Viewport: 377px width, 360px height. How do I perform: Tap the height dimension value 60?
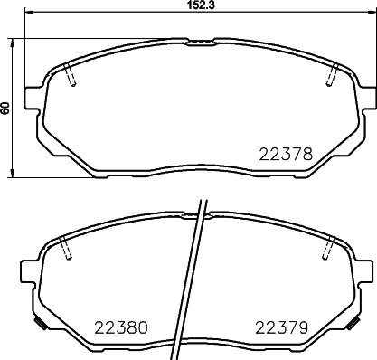tap(6, 107)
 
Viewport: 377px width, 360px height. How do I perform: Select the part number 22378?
tap(288, 155)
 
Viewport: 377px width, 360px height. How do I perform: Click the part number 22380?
tap(121, 327)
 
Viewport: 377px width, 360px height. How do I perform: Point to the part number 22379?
tap(280, 327)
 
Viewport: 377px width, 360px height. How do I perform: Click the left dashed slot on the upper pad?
tap(72, 79)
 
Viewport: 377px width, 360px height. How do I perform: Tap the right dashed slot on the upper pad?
tap(331, 78)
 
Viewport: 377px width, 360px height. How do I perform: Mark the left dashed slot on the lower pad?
tap(64, 250)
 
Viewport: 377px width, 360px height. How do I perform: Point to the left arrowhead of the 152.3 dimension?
tap(27, 14)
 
